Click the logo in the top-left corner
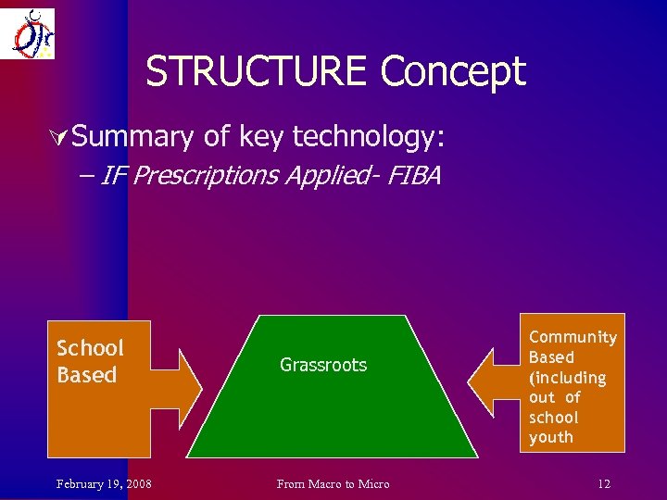click(x=28, y=33)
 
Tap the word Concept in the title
click(x=453, y=72)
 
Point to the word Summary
click(x=132, y=138)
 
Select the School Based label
click(x=89, y=361)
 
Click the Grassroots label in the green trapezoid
click(x=323, y=365)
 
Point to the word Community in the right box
click(x=573, y=337)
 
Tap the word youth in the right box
click(x=551, y=437)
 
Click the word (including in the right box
click(x=567, y=378)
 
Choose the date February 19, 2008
click(x=105, y=484)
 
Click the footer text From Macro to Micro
click(x=334, y=484)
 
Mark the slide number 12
click(x=603, y=484)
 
